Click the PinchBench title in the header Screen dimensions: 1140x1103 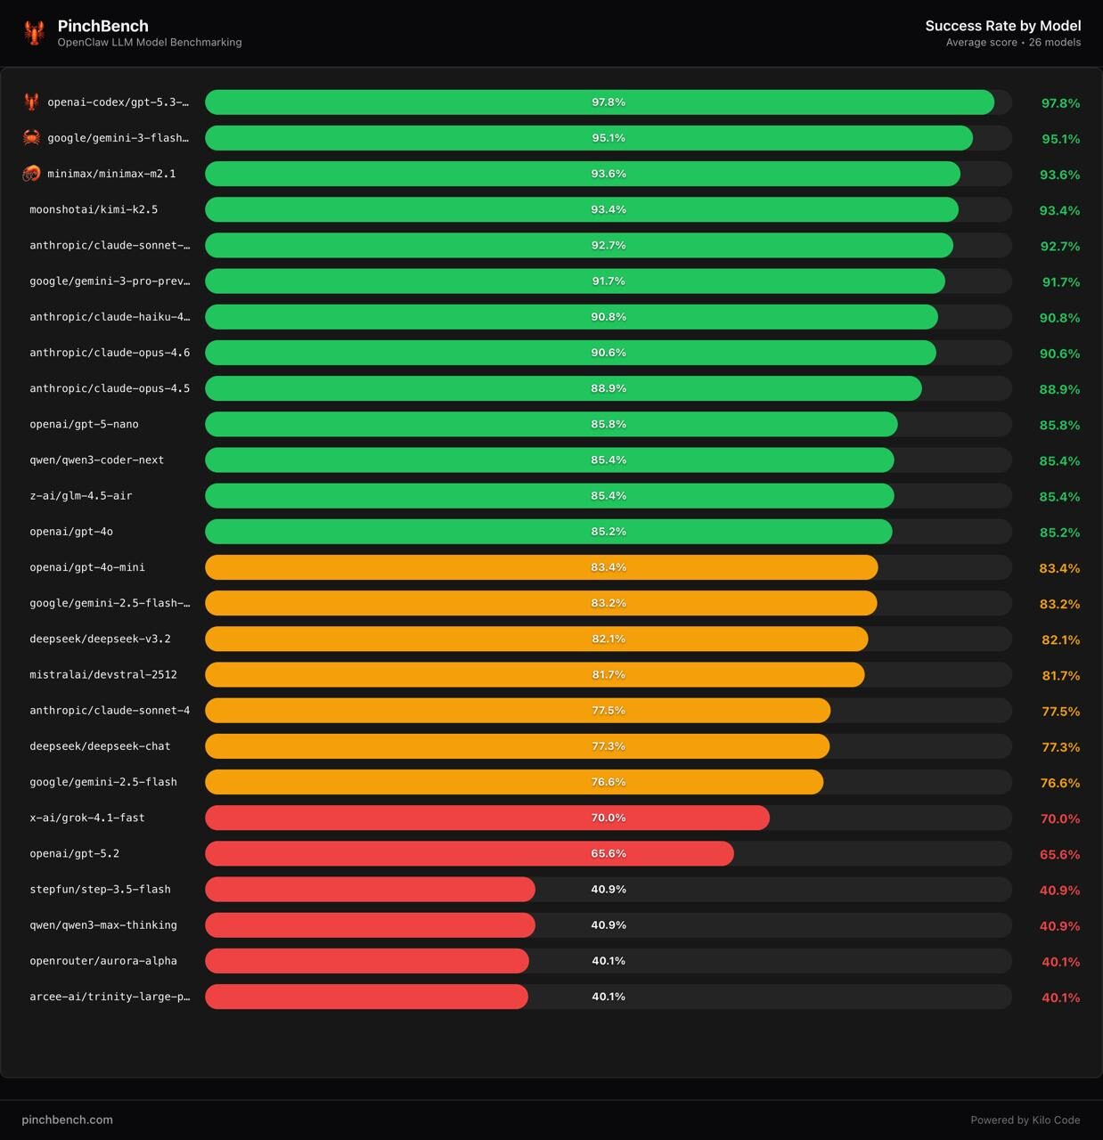tap(102, 26)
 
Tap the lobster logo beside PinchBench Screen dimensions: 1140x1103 tap(35, 33)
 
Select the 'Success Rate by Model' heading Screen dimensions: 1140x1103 tap(1002, 26)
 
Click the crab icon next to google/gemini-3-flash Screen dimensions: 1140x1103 tap(31, 138)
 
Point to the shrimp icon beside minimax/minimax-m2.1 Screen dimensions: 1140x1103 tap(31, 174)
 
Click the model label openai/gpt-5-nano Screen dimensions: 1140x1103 tap(84, 424)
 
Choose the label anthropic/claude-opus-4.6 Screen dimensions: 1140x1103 tap(110, 353)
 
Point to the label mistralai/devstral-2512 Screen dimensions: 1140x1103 tap(103, 674)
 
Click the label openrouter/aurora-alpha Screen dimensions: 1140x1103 tap(103, 961)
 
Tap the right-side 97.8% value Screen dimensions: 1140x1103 tap(1060, 103)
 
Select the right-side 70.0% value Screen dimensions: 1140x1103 tap(1060, 818)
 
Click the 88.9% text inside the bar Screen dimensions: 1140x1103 tap(609, 388)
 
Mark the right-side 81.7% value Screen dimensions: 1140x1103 tap(1060, 676)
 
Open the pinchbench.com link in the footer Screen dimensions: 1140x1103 tap(68, 1120)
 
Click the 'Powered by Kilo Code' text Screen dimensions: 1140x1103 tap(1025, 1120)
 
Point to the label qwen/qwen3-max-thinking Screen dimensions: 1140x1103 tap(103, 925)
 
